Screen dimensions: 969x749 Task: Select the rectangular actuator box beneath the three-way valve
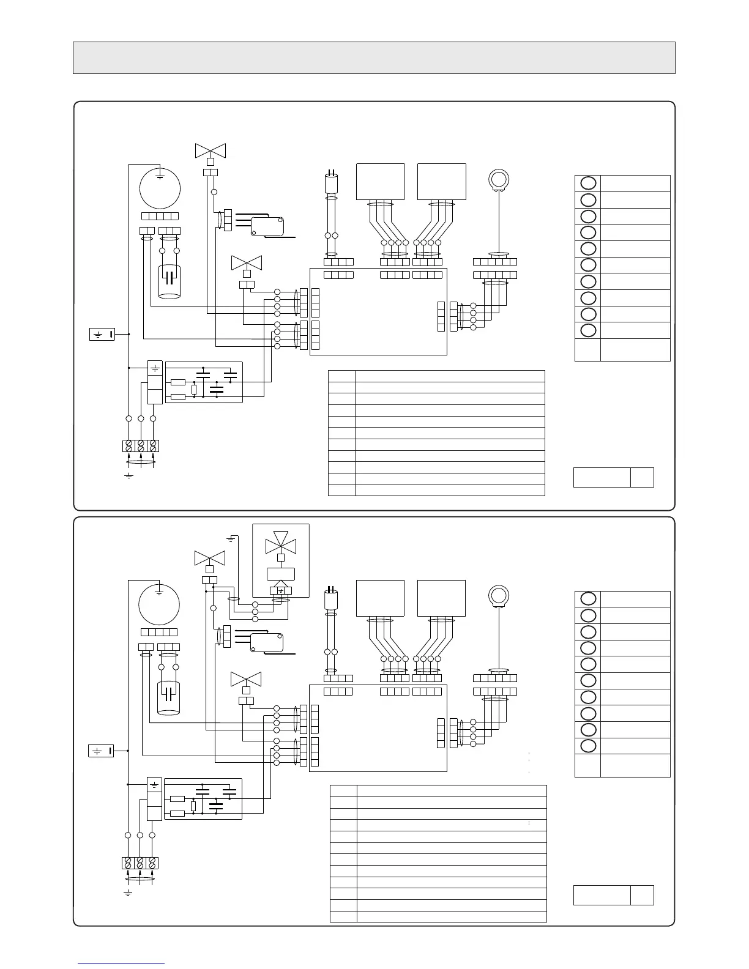coord(281,574)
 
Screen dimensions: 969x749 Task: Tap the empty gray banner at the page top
coord(374,58)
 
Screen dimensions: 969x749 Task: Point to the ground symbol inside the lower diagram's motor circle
coord(159,592)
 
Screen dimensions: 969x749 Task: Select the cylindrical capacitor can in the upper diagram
coord(170,281)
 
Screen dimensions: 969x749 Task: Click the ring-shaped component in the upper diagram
coord(498,179)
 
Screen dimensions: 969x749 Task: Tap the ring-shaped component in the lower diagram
coord(498,595)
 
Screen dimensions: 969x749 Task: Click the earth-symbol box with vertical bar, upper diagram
coord(102,334)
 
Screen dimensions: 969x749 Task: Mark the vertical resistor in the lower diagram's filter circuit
coord(193,806)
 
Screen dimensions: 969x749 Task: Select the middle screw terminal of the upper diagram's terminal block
coord(141,445)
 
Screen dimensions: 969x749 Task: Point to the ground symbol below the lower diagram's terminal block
coord(128,893)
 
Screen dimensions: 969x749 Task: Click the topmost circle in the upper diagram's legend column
coord(587,183)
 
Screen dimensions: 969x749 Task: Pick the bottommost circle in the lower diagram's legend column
coord(587,746)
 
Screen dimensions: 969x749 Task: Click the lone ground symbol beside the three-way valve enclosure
coord(231,539)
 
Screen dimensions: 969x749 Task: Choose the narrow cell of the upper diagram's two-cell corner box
coord(642,477)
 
